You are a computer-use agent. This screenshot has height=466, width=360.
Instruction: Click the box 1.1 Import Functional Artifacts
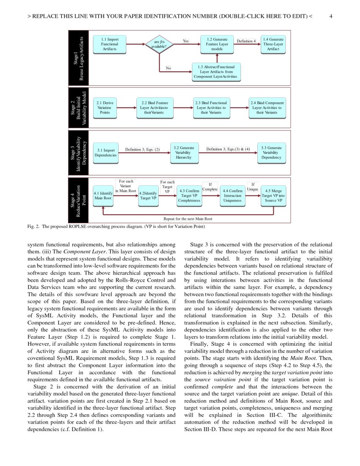click(110, 44)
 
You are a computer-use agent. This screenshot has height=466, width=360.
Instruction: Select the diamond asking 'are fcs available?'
click(159, 44)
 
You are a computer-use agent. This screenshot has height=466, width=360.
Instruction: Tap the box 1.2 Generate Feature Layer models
click(217, 44)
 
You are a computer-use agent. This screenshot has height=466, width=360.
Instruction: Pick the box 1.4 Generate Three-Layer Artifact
click(273, 44)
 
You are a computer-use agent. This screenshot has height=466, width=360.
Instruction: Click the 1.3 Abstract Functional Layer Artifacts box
click(217, 72)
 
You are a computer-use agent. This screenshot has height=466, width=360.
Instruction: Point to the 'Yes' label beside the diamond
click(186, 41)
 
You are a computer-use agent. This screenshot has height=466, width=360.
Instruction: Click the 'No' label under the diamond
click(168, 68)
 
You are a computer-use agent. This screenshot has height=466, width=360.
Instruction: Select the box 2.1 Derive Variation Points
click(105, 108)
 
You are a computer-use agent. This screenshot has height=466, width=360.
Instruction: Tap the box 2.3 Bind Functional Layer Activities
click(210, 108)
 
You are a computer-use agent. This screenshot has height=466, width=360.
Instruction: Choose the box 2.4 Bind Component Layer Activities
click(267, 108)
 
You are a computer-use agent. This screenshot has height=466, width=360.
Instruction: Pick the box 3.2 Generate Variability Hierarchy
click(184, 153)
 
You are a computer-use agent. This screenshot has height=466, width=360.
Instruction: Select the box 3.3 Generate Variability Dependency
click(271, 153)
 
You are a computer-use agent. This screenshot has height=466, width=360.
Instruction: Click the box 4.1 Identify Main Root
click(103, 195)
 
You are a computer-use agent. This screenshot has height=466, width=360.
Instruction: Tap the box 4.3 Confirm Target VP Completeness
click(190, 195)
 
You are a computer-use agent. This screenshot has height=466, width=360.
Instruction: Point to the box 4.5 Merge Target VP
click(273, 195)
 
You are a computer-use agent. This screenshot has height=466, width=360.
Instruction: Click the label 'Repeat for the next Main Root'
click(188, 219)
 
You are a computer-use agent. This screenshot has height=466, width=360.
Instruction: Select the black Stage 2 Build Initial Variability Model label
click(78, 108)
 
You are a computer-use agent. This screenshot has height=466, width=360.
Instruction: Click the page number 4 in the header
click(330, 16)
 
